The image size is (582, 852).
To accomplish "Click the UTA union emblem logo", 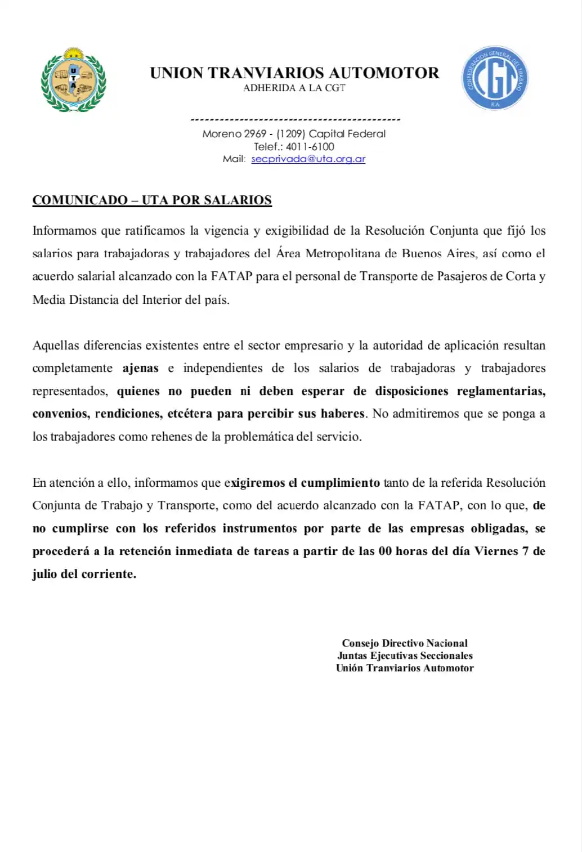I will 73,80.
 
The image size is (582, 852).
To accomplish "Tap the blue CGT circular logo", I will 495,78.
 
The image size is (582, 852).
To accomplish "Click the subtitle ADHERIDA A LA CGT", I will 294,88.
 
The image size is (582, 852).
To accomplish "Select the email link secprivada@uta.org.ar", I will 308,159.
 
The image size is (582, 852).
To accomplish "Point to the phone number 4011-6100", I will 310,146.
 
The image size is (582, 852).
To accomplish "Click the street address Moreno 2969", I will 234,134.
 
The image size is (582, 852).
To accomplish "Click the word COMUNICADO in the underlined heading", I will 80,200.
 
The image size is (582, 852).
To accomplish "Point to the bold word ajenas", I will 140,368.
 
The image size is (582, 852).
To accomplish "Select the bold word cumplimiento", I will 341,483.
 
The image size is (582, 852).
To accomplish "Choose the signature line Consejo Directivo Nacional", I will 405,643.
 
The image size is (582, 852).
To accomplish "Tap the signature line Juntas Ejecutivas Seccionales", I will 405,656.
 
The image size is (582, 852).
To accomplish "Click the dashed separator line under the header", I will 296,120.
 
